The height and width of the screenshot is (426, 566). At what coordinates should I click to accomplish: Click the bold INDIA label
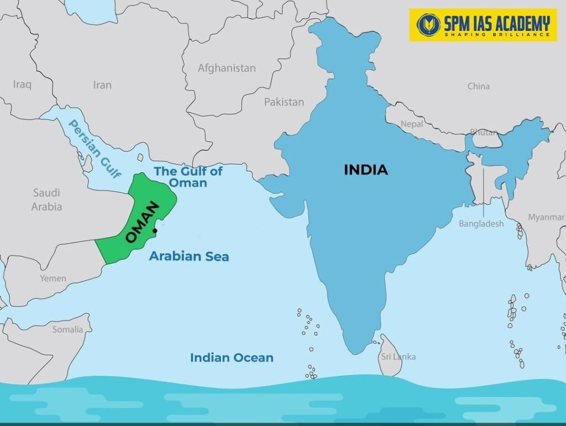[366, 170]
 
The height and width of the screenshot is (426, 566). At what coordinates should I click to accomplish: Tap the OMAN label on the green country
[142, 222]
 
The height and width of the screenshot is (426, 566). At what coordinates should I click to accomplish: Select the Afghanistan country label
[227, 68]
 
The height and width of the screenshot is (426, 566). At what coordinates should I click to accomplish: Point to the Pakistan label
[284, 102]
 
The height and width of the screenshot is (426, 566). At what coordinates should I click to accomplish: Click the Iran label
[102, 85]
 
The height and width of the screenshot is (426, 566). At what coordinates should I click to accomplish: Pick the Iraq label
[22, 85]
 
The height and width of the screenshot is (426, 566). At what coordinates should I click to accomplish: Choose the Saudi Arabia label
[46, 199]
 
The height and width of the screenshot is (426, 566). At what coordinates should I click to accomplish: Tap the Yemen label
[53, 278]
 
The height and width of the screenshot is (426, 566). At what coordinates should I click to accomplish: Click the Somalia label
[67, 329]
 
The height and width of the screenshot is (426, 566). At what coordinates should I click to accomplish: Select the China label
[478, 86]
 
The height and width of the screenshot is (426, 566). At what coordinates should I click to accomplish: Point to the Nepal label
[412, 124]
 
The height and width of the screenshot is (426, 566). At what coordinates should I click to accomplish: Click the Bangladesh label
[481, 224]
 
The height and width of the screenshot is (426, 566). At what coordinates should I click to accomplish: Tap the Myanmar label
[546, 217]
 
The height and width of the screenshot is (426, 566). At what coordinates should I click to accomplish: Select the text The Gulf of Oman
[188, 176]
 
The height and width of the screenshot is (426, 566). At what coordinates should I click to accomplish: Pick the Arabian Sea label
[188, 256]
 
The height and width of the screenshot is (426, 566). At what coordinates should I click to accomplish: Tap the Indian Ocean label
[232, 357]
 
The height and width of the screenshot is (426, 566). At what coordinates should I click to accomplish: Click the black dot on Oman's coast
[156, 230]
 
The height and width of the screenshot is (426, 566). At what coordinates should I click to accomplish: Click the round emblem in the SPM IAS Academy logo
[428, 25]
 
